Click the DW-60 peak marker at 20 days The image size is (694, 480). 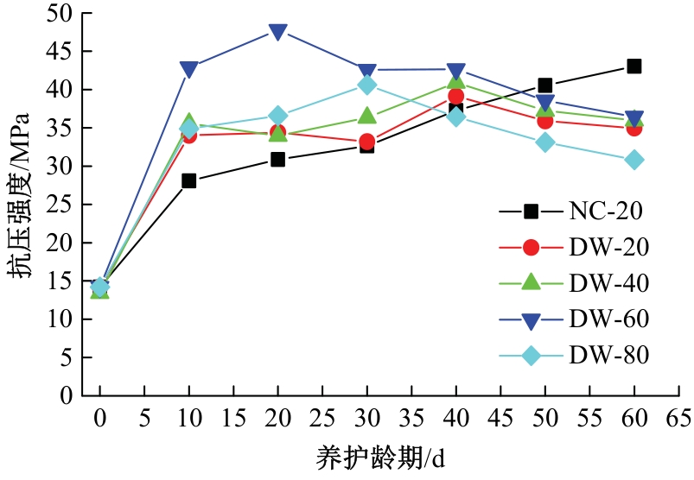[277, 32]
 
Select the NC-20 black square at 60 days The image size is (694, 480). [634, 66]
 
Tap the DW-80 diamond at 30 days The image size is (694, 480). [366, 85]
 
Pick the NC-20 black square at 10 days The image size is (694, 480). [188, 180]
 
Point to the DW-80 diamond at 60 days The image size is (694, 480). [634, 160]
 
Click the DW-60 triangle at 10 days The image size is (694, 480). [188, 69]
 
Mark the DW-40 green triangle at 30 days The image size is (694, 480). [366, 117]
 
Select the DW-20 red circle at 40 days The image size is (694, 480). [455, 96]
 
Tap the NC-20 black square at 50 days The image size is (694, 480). [544, 85]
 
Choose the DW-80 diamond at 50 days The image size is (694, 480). [544, 142]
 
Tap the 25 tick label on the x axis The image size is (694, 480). [322, 419]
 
